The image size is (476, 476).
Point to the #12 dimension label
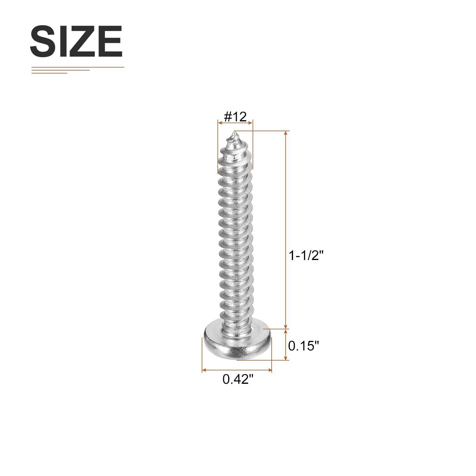(235, 117)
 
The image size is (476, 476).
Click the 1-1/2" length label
(306, 255)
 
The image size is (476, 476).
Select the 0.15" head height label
(303, 346)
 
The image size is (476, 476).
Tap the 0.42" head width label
(238, 379)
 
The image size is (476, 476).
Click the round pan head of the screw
(237, 343)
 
